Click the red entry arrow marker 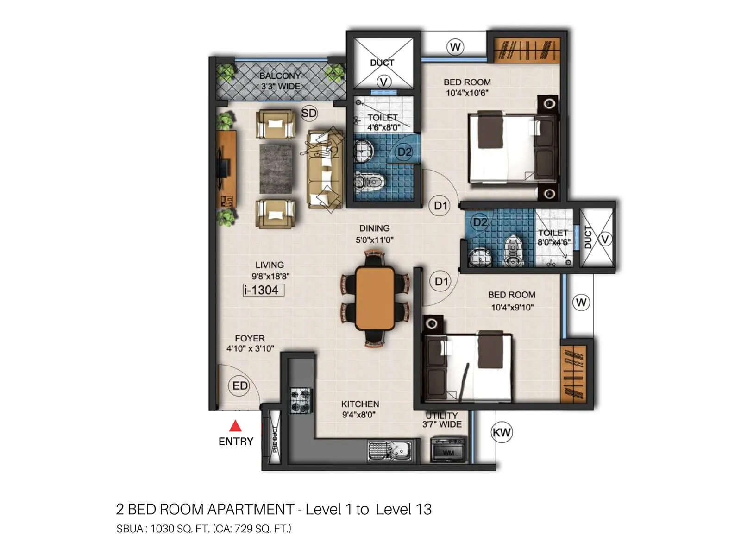pos(236,425)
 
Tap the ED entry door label pos(239,385)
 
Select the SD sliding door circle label pos(309,113)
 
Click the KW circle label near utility pos(502,433)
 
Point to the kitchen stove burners pos(301,401)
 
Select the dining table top pos(375,297)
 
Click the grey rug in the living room pos(276,168)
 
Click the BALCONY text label pos(280,76)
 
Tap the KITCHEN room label pos(360,404)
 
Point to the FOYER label pos(250,338)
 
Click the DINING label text pos(374,228)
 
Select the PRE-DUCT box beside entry pos(275,437)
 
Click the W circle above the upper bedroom pos(455,47)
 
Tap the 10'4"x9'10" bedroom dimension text pos(512,307)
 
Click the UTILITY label pos(441,416)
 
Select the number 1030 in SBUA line pos(162,529)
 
